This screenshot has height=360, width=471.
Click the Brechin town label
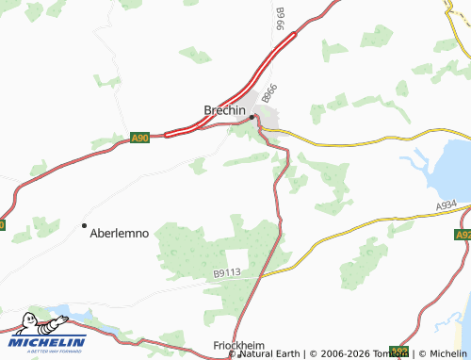point(224,110)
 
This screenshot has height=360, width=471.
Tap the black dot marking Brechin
point(252,117)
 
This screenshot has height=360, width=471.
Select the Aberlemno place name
point(119,233)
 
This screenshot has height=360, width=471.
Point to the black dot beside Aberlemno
point(84,225)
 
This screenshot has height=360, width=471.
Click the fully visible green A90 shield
point(139,139)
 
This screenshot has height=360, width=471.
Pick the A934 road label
point(447,204)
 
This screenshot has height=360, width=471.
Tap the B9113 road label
point(227,273)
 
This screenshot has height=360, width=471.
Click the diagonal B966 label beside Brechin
point(270,94)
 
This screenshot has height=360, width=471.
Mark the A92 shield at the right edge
point(463,235)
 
